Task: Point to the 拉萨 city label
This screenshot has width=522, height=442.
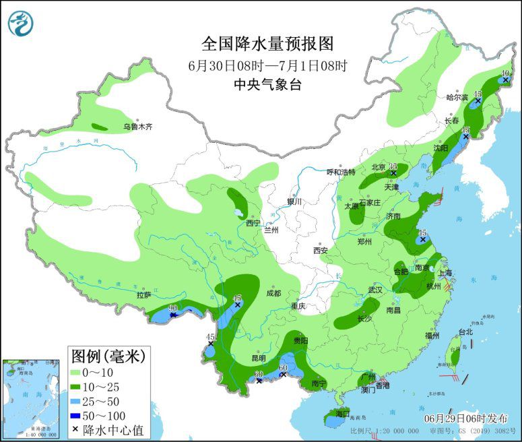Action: pyautogui.click(x=143, y=294)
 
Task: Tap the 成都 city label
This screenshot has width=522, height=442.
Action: pyautogui.click(x=273, y=293)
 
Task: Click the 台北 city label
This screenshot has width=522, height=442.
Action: pyautogui.click(x=465, y=331)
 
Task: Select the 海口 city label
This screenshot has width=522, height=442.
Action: pyautogui.click(x=344, y=413)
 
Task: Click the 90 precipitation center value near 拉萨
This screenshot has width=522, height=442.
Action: pyautogui.click(x=172, y=308)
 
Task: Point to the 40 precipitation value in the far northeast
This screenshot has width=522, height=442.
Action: pyautogui.click(x=507, y=73)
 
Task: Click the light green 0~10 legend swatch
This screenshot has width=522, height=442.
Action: pyautogui.click(x=79, y=372)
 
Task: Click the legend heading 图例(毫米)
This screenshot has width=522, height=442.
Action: pyautogui.click(x=108, y=354)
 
